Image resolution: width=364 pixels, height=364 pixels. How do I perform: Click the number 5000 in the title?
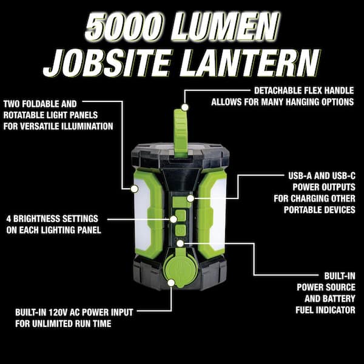tap(124, 27)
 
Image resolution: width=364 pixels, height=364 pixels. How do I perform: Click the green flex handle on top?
tap(181, 133)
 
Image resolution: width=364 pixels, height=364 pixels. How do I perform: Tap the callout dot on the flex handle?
tap(185, 107)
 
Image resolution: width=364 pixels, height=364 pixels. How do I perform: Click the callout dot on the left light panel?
tap(135, 189)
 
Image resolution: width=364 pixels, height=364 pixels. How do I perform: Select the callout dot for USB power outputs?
tap(190, 198)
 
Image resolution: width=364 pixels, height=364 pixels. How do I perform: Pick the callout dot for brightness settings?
tap(173, 219)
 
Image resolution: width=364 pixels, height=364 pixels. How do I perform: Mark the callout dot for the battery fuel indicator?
tap(180, 243)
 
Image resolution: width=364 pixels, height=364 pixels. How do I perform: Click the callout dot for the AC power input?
tap(171, 283)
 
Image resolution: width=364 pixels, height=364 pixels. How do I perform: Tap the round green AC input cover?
tap(181, 270)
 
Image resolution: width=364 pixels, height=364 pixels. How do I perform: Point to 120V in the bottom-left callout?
tap(58, 312)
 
